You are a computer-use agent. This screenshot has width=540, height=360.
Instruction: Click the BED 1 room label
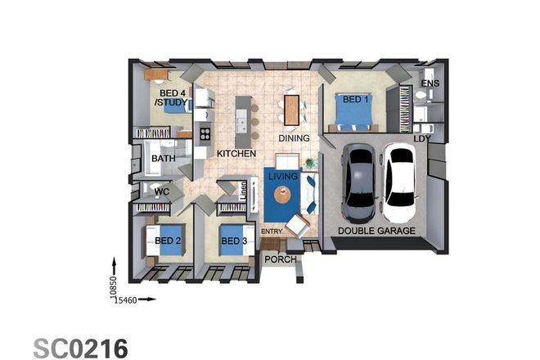click(354, 99)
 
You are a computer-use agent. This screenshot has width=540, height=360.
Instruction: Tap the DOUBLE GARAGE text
click(377, 232)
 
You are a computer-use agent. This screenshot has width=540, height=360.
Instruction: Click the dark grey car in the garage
click(359, 184)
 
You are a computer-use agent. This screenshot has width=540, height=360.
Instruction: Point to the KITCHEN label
click(236, 153)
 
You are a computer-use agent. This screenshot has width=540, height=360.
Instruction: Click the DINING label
click(294, 138)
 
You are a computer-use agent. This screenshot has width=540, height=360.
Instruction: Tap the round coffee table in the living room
click(282, 195)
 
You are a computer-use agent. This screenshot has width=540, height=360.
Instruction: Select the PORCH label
click(277, 261)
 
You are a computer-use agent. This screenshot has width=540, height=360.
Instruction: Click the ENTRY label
click(272, 232)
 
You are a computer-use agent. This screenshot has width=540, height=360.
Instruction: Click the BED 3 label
click(233, 241)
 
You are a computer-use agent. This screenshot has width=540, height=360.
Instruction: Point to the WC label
click(162, 193)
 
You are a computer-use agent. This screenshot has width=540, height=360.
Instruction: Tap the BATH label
click(163, 158)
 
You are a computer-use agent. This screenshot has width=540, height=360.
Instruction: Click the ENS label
click(430, 83)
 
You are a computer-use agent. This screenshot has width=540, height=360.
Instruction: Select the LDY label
click(422, 138)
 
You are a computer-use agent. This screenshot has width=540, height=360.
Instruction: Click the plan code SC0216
click(80, 348)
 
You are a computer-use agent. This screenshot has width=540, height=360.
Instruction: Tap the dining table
click(293, 110)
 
